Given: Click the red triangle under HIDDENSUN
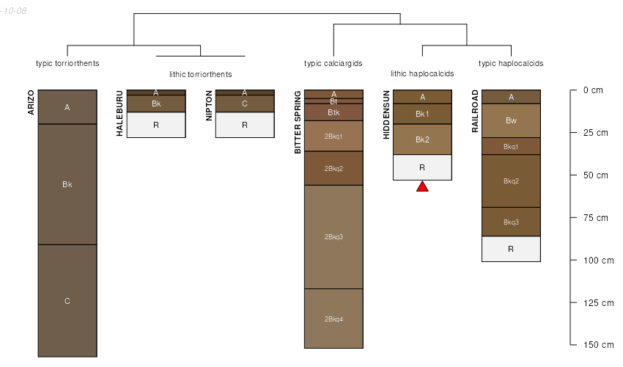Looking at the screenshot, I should click(x=422, y=186).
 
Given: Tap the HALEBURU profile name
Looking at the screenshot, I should click(x=119, y=113).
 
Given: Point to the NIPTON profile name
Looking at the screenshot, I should click(x=209, y=106).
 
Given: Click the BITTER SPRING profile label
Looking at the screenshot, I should click(x=298, y=122).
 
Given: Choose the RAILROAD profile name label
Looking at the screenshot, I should click(x=475, y=111).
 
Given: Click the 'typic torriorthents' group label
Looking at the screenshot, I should click(x=67, y=63).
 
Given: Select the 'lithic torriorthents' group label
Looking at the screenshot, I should click(x=200, y=74).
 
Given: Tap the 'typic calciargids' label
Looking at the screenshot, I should click(x=333, y=63).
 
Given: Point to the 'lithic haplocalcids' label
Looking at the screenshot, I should click(x=422, y=73).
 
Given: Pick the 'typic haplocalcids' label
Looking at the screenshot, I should click(x=511, y=63).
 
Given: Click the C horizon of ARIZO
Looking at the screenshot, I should click(x=67, y=300).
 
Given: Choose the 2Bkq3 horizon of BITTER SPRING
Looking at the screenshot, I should click(x=333, y=236).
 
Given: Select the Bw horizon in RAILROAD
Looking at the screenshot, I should click(x=511, y=120).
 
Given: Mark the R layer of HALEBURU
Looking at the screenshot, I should click(x=156, y=125).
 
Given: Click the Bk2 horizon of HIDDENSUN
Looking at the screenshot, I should click(x=422, y=139).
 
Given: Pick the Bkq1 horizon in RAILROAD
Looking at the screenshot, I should click(x=511, y=146).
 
